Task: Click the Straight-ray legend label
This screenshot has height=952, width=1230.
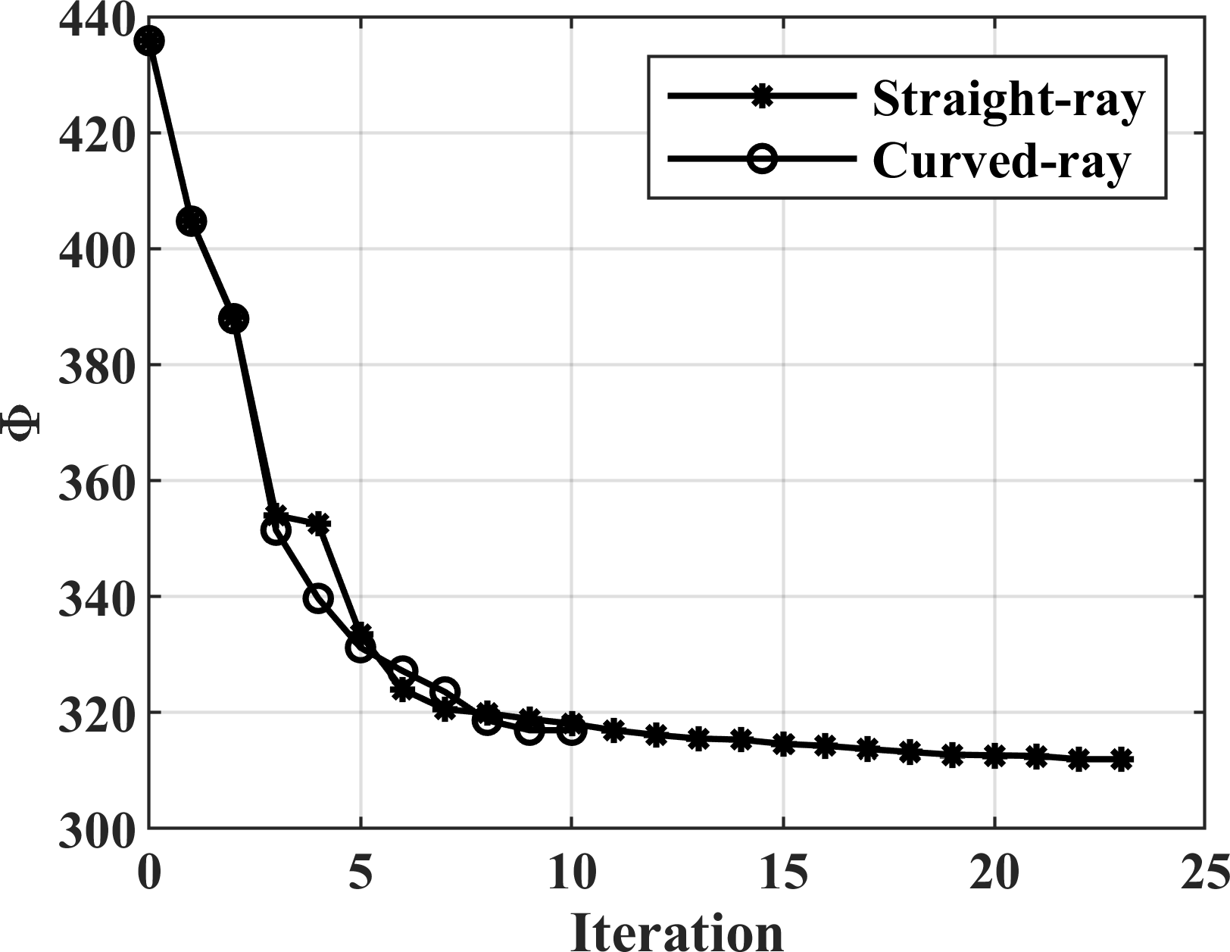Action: click(1008, 98)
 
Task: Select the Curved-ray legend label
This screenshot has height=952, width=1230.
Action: click(1001, 161)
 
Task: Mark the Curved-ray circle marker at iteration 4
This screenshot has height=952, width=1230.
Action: click(318, 598)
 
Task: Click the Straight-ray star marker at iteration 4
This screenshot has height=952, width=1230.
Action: click(319, 523)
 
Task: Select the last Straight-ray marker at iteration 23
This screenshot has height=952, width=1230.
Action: click(1121, 760)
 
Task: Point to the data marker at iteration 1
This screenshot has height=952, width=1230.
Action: click(192, 221)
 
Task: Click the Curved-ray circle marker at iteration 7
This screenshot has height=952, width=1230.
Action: click(445, 691)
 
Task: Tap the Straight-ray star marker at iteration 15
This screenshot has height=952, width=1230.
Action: click(783, 744)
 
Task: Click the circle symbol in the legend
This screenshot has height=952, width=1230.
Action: click(761, 160)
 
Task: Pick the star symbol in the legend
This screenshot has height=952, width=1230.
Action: click(761, 97)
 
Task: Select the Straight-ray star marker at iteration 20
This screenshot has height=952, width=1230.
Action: click(994, 755)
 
